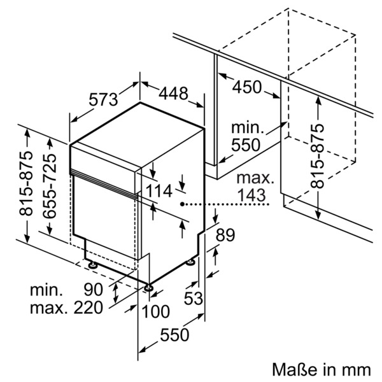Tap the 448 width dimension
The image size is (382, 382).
173,94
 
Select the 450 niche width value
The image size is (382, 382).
246,87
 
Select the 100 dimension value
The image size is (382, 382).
155,311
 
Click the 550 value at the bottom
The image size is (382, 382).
174,335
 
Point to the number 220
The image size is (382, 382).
88,309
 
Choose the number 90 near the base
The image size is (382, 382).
93,290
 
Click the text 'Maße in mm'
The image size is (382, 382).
322,369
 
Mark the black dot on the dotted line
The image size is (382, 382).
183,205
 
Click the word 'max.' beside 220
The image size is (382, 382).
48,309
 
